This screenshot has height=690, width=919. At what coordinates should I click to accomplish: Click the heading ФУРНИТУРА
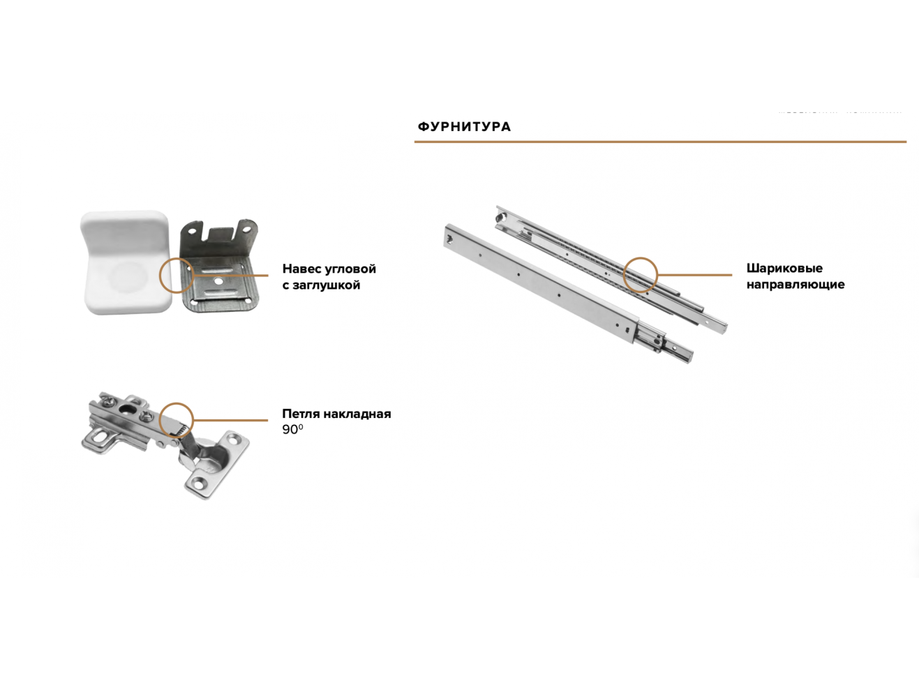click(x=464, y=127)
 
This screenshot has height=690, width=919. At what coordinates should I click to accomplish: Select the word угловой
click(x=354, y=269)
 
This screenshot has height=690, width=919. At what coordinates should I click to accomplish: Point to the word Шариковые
click(x=784, y=268)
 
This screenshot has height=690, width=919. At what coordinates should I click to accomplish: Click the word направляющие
click(x=795, y=285)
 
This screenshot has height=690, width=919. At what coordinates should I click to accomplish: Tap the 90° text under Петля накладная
click(x=292, y=430)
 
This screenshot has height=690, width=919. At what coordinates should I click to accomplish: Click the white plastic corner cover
click(x=126, y=262)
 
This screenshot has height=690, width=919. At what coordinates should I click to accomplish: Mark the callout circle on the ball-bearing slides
click(x=640, y=257)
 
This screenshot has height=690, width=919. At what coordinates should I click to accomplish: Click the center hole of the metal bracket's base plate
click(x=218, y=283)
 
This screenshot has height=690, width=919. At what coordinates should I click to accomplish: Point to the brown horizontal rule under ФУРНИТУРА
click(x=660, y=142)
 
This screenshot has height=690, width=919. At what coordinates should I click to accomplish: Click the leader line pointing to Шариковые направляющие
click(x=694, y=275)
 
